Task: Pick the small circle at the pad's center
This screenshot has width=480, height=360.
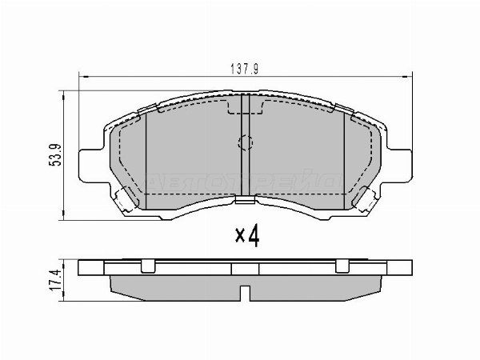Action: click(x=246, y=144)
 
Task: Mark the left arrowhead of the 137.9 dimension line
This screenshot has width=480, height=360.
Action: click(x=82, y=78)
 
